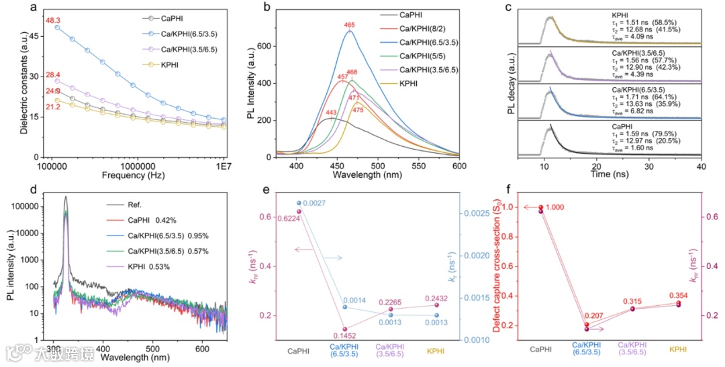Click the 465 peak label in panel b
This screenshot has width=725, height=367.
[x=349, y=25]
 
